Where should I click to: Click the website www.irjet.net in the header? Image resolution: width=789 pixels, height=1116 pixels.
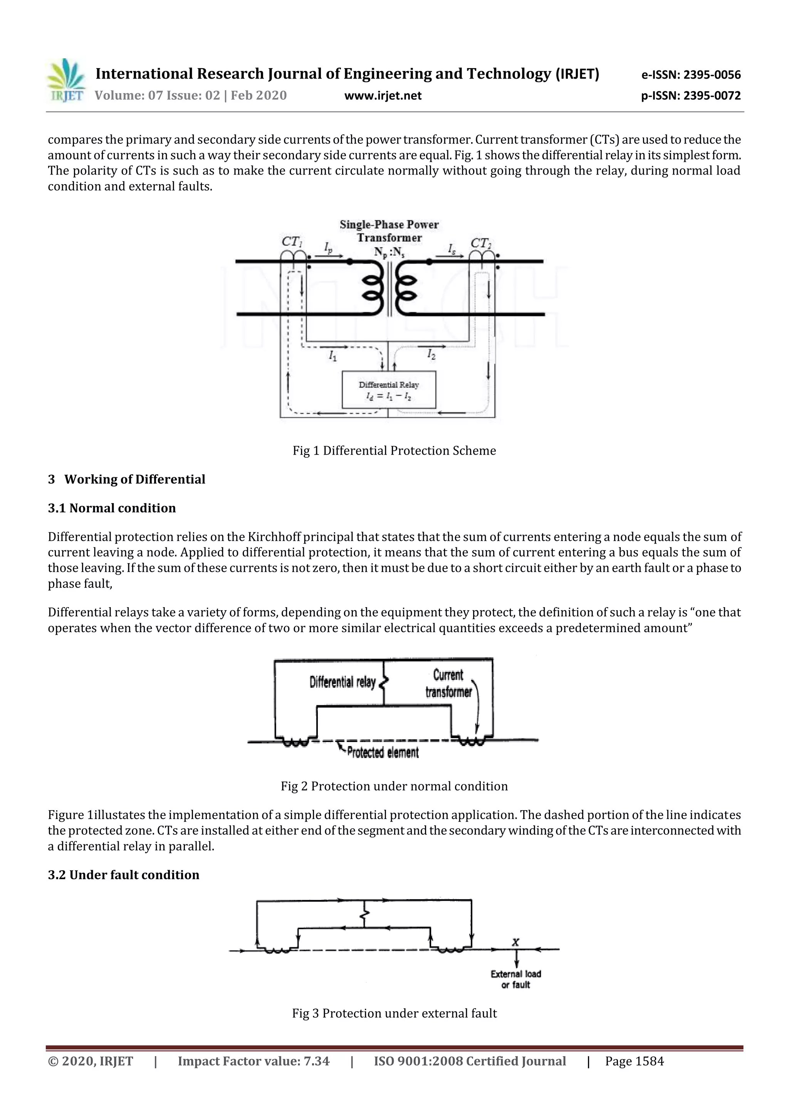click(383, 96)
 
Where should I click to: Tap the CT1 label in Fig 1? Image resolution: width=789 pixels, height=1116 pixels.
click(292, 242)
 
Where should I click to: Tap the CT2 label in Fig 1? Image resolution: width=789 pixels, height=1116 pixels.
click(481, 243)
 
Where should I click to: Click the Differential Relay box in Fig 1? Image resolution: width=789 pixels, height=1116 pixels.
click(388, 390)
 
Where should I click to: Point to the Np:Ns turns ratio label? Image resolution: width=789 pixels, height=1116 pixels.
click(389, 252)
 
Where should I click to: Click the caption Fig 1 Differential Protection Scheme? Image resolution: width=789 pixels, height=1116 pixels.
click(394, 451)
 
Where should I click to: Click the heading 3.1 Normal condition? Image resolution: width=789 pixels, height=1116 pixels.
click(112, 508)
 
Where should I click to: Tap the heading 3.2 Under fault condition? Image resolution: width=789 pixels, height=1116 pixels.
click(124, 875)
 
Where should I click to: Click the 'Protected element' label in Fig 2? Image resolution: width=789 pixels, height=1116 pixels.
click(382, 753)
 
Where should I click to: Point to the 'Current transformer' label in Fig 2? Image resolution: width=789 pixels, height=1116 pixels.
click(448, 683)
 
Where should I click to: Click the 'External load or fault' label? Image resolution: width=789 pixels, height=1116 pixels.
click(516, 979)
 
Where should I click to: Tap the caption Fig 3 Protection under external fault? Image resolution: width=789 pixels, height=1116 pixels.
click(394, 1014)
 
